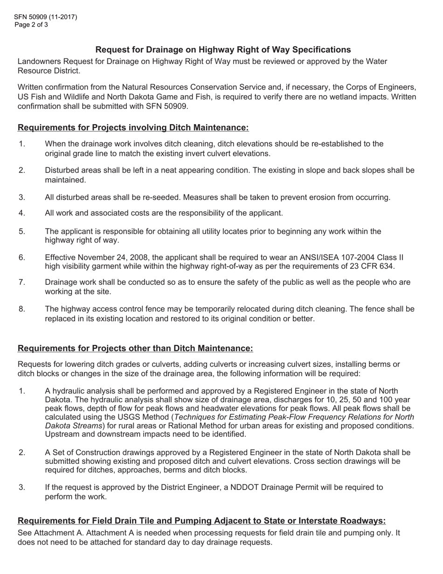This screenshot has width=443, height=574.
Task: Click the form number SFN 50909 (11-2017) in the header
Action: pos(46,17)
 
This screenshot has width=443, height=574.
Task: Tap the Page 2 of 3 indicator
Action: pos(31,25)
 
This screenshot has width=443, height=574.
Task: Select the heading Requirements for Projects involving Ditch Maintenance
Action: pos(133,127)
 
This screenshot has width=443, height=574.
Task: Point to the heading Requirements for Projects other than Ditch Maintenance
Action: pos(135,348)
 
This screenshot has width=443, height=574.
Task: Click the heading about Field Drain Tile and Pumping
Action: pos(201,521)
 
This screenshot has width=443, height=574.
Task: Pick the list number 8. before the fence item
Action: pos(22,309)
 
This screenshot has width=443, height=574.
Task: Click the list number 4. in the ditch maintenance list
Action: pos(22,213)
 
